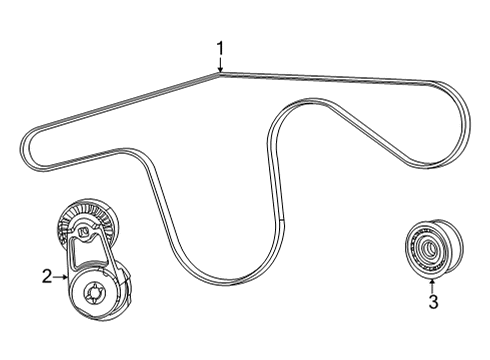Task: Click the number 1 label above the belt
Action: click(x=221, y=46)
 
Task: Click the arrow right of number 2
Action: click(x=62, y=275)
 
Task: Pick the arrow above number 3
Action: click(x=433, y=283)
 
